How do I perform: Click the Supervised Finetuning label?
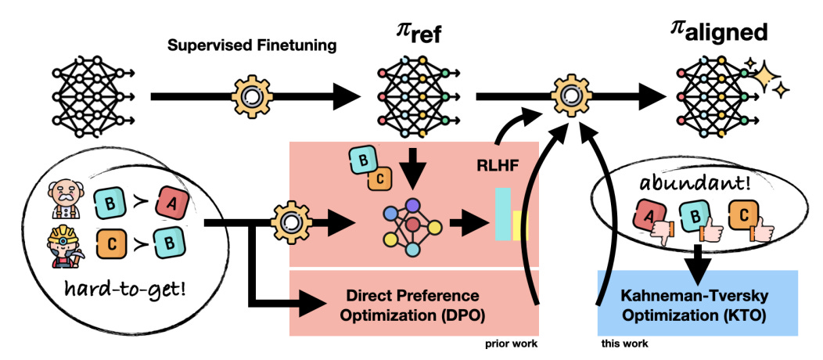point(251,46)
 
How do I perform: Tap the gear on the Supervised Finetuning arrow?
point(251,96)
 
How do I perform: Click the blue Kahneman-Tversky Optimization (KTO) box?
point(698,303)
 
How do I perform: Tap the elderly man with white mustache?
point(66,200)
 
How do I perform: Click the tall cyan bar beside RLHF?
point(503,214)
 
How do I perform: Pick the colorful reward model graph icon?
point(412,225)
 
